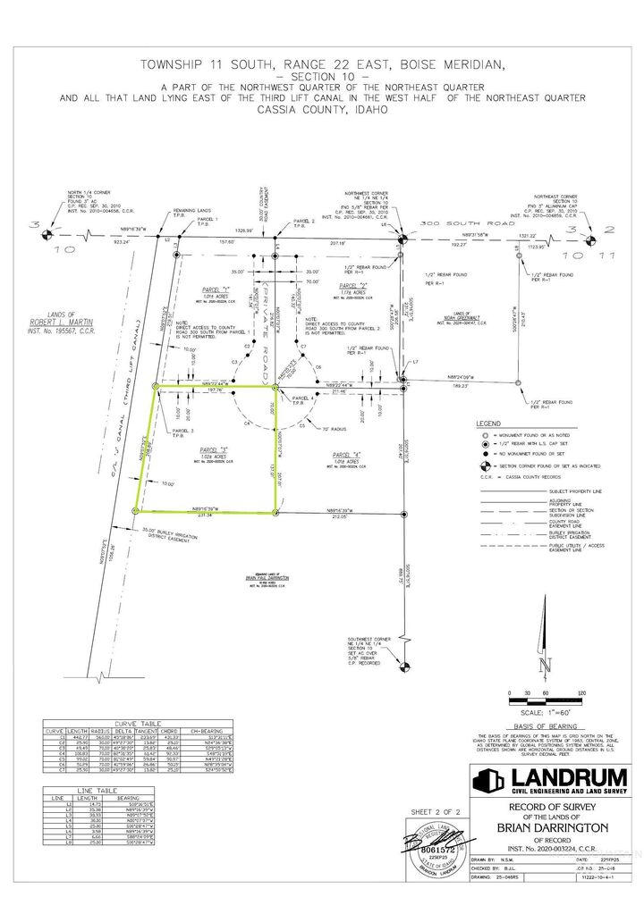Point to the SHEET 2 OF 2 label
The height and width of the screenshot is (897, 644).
(x=434, y=810)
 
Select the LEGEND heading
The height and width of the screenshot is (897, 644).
(x=488, y=422)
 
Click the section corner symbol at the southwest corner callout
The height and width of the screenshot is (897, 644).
(x=403, y=665)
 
